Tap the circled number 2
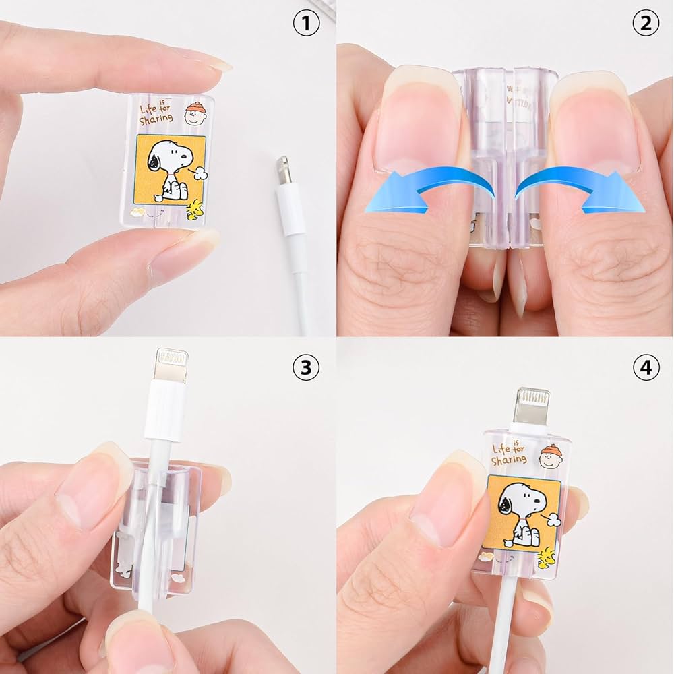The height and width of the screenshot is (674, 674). (645, 24)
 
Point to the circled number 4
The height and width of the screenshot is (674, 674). (645, 367)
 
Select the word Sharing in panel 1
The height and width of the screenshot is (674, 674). (156, 119)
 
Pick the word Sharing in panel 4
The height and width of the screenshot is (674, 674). (509, 460)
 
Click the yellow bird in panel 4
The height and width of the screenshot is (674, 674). (547, 555)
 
